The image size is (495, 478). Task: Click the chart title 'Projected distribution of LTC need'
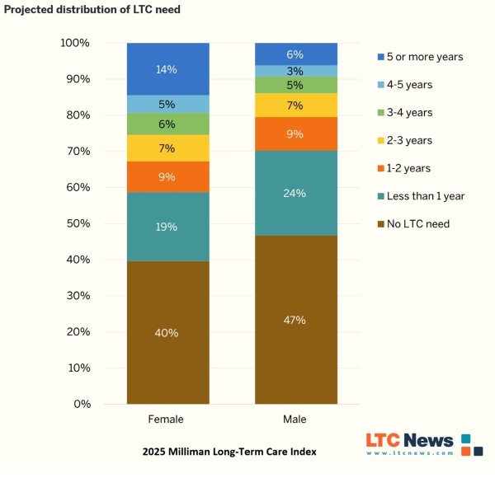[92, 9]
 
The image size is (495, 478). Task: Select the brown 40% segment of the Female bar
[167, 332]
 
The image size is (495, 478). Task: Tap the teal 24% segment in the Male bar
[295, 193]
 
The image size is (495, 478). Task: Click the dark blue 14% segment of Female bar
[167, 69]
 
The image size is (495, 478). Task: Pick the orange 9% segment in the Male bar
[295, 134]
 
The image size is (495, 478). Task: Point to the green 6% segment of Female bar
[167, 124]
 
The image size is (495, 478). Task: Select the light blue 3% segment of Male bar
[295, 71]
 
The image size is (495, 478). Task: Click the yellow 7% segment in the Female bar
[167, 148]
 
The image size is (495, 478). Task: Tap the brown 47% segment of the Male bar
[295, 320]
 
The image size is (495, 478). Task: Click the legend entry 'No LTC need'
[417, 223]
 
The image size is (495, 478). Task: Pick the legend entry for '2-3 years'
[409, 140]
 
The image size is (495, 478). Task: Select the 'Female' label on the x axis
[167, 419]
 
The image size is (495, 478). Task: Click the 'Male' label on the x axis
[295, 419]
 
